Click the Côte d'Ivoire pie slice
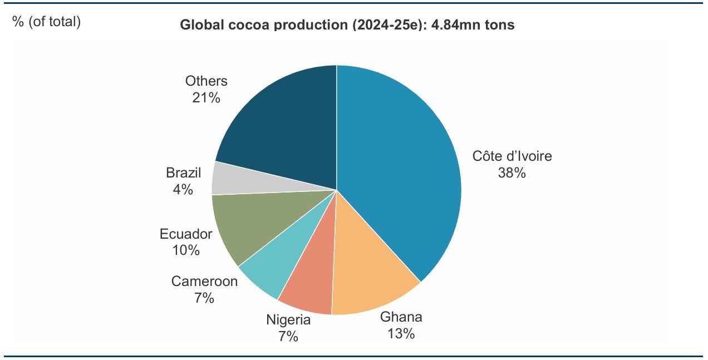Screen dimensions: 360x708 401,167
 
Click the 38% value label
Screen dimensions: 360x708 512,173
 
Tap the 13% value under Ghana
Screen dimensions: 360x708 401,334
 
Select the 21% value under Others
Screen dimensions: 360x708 206,98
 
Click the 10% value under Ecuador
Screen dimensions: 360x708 186,250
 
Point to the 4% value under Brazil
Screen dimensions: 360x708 183,190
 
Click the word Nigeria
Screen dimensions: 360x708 288,320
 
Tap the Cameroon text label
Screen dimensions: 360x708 204,282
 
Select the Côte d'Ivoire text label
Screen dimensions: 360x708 512,156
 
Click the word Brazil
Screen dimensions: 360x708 183,172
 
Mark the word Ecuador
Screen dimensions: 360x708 186,234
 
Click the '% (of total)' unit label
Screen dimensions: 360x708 47,22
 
